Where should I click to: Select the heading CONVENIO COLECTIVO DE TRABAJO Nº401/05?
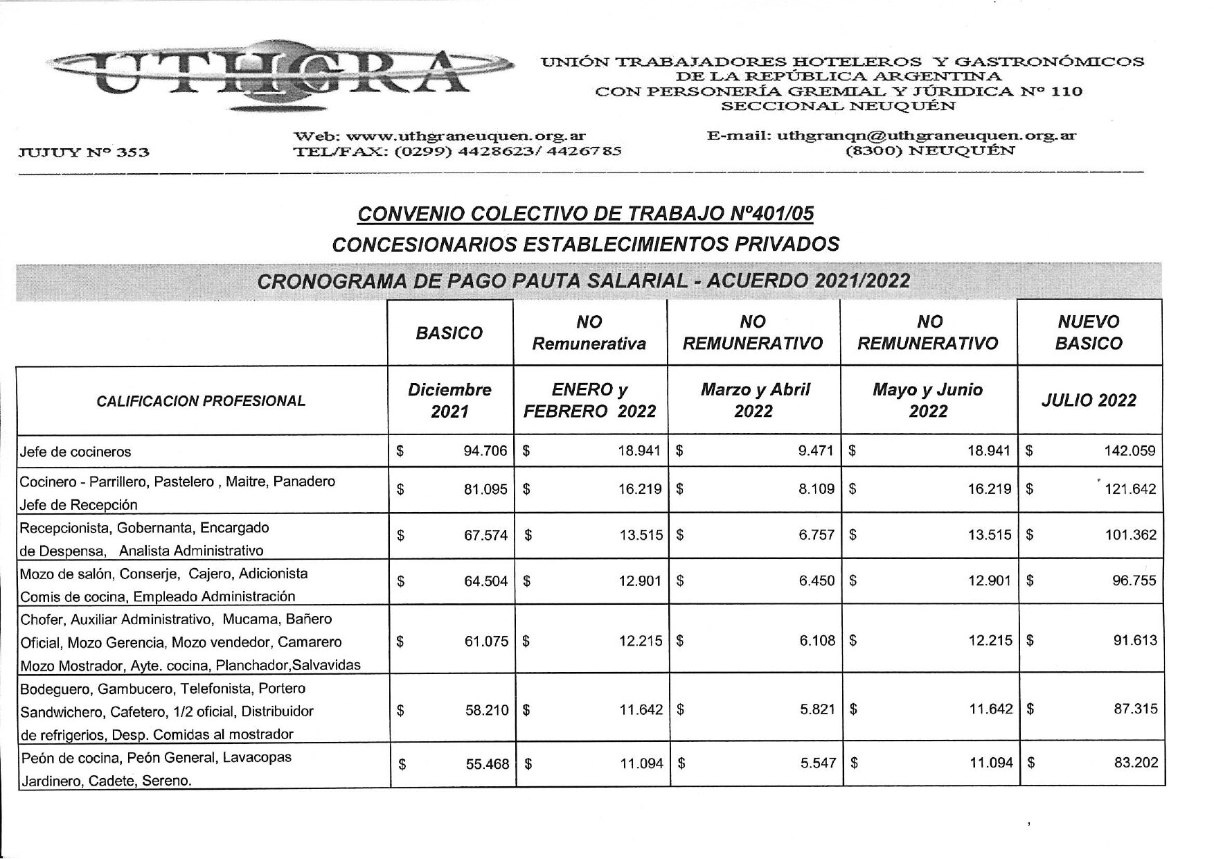[585, 214]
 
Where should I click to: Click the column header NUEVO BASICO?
[1089, 333]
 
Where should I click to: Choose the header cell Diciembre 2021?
[449, 400]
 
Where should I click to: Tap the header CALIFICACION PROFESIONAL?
[201, 401]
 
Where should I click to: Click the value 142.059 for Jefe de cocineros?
[1129, 451]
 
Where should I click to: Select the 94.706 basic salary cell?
[485, 451]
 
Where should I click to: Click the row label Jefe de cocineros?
[76, 452]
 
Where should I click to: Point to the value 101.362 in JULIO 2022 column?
[1130, 535]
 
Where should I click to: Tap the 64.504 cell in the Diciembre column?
[485, 581]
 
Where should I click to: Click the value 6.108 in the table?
[816, 641]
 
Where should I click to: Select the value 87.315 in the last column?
[1135, 709]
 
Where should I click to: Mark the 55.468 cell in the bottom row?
[486, 764]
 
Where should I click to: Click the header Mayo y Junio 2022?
[927, 400]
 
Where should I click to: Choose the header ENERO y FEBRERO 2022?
[589, 400]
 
